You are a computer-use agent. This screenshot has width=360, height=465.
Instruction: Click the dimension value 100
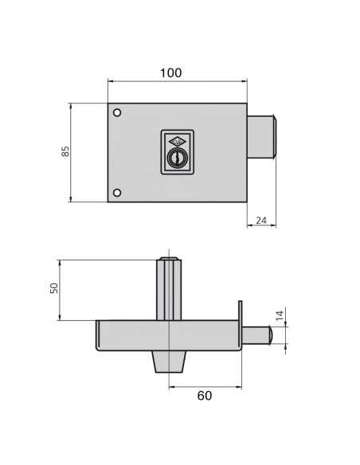tap(170, 72)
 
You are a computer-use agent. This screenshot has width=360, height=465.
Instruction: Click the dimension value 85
tap(66, 151)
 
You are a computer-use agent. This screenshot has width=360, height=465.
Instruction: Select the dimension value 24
tap(260, 221)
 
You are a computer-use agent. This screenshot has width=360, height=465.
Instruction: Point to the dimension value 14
tap(280, 315)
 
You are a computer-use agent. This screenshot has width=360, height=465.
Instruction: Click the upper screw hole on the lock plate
tap(117, 112)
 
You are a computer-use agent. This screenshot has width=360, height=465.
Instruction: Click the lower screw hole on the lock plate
tap(117, 193)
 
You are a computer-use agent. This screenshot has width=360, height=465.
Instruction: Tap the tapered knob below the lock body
tap(168, 362)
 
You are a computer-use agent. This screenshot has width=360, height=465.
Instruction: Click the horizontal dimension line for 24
tap(260, 228)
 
